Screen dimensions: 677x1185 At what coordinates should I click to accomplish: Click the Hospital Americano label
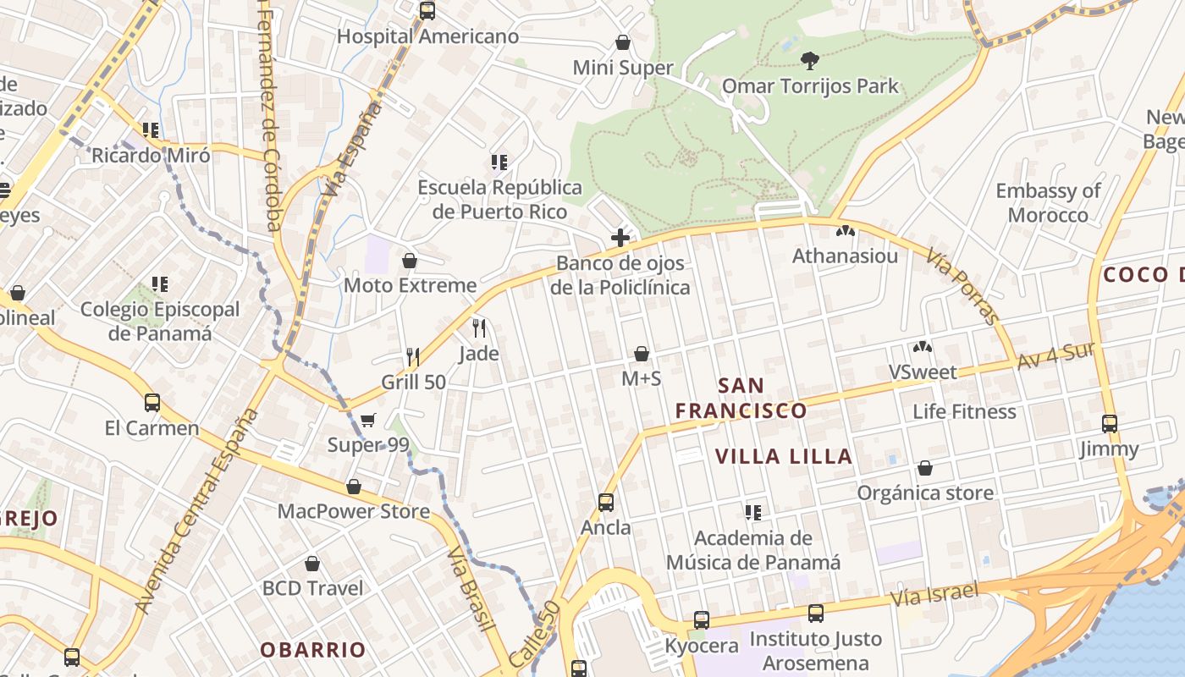(x=427, y=36)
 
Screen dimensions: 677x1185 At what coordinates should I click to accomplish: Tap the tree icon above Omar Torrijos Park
(x=810, y=60)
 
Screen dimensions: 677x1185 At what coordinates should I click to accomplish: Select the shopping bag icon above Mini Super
(x=623, y=42)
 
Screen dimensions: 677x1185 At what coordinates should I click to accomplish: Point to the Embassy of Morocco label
(x=1048, y=202)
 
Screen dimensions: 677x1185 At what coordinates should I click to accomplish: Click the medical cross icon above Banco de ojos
(x=620, y=238)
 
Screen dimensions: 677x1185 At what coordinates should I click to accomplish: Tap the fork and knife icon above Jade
(x=479, y=328)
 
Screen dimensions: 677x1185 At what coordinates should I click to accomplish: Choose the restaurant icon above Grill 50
(x=413, y=357)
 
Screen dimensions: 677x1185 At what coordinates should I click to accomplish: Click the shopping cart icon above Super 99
(x=368, y=421)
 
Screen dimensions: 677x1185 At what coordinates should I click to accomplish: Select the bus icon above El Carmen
(x=152, y=403)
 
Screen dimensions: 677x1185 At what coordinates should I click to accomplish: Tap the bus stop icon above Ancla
(x=606, y=503)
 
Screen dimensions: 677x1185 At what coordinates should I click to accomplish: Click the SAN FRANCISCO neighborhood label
(x=741, y=399)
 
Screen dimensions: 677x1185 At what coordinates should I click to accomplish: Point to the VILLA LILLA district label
(x=783, y=457)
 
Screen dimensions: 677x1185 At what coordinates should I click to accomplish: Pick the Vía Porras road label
(x=962, y=286)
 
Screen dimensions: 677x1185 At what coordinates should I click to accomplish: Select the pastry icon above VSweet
(x=923, y=347)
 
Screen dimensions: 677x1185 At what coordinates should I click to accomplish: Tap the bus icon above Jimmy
(x=1109, y=424)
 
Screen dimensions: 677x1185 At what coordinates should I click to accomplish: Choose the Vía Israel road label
(x=934, y=594)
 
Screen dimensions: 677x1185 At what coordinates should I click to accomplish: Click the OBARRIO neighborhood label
(x=312, y=650)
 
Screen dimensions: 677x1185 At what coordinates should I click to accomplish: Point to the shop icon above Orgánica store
(x=925, y=468)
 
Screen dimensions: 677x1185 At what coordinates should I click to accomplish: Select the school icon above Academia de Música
(x=752, y=513)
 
